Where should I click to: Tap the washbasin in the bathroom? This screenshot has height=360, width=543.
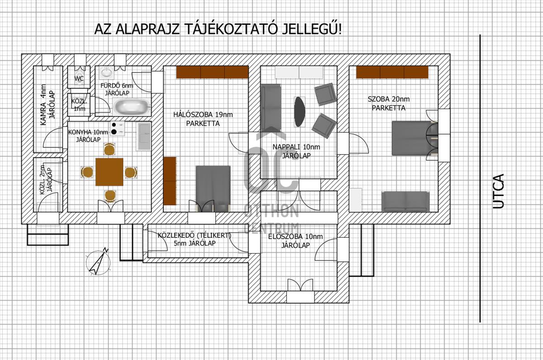106,72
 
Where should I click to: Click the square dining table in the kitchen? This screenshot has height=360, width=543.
110,172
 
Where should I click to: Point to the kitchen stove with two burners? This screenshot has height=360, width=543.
118,129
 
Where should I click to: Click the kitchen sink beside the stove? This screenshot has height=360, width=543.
143,136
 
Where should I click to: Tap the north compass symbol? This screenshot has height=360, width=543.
98,262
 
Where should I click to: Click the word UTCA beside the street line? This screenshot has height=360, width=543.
499,191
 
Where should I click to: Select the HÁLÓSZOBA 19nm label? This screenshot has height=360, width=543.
203,115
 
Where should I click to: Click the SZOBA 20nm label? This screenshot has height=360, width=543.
389,99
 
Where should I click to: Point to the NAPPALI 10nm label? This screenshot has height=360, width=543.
296,147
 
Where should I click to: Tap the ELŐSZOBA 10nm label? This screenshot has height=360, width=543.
295,236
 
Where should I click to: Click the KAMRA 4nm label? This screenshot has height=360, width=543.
43,105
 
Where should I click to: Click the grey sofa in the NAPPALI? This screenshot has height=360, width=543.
271,108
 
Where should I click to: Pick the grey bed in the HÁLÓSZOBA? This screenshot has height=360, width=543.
213,188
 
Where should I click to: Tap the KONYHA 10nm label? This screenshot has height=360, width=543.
88,132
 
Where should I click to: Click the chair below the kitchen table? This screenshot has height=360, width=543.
110,196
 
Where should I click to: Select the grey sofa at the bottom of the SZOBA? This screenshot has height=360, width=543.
405,202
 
